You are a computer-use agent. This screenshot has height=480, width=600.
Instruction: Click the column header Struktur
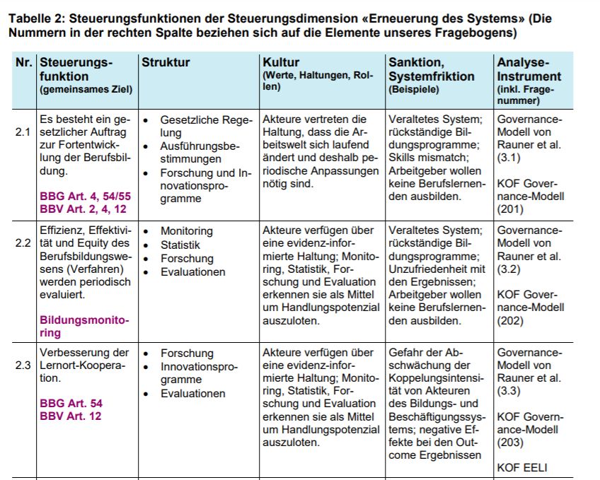[166, 62]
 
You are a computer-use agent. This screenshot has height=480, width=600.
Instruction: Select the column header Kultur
[281, 62]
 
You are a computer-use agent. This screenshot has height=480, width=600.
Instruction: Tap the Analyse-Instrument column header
[529, 69]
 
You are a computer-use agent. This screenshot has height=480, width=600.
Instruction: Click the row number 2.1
[23, 132]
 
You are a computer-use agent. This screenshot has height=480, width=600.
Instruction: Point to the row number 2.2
[23, 243]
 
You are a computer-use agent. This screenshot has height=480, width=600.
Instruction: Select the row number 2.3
[23, 365]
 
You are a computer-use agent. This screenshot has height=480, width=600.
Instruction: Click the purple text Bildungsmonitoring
[84, 326]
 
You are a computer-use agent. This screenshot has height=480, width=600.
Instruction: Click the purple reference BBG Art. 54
[71, 403]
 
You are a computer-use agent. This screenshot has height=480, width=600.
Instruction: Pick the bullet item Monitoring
[186, 231]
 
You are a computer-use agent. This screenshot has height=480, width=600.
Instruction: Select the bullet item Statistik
[181, 245]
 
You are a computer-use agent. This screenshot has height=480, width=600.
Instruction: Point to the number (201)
[510, 209]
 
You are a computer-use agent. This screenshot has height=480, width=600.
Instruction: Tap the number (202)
[510, 320]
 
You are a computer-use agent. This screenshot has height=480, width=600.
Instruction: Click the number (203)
[510, 443]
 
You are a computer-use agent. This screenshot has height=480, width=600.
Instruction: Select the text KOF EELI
[522, 468]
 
